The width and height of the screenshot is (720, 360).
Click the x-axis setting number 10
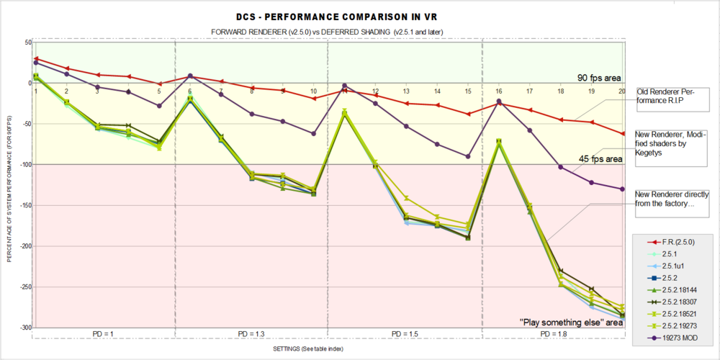pyautogui.click(x=313, y=91)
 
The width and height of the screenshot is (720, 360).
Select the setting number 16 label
pyautogui.click(x=498, y=91)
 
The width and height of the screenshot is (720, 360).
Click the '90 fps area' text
pyautogui.click(x=598, y=78)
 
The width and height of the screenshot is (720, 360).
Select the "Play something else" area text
pyautogui.click(x=571, y=323)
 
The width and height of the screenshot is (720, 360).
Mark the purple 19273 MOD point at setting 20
pyautogui.click(x=622, y=189)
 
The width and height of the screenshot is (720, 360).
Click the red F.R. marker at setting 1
pyautogui.click(x=36, y=59)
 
